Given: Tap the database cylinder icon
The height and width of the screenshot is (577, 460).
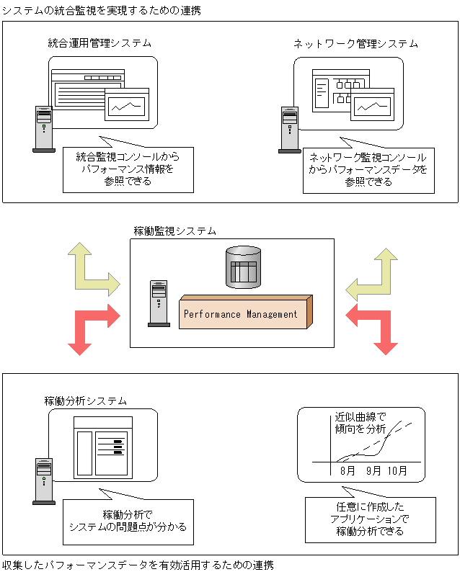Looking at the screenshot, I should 242,269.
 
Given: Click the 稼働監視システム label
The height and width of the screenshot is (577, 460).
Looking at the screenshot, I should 174,231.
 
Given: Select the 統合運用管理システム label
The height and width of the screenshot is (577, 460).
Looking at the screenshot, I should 99,43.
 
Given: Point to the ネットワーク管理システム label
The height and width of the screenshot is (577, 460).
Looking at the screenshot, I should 355,43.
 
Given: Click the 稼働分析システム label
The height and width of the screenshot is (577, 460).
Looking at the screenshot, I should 86,401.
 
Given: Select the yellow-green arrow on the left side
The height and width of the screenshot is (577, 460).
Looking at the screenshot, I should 90,270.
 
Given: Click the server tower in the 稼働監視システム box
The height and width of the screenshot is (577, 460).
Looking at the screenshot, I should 158,303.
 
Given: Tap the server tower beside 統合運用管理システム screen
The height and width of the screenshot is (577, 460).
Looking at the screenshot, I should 44,129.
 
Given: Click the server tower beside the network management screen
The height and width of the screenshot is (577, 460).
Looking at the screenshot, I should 289,129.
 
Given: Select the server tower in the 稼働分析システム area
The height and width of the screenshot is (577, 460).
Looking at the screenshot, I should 44,480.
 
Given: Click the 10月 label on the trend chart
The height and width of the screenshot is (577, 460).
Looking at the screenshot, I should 397,471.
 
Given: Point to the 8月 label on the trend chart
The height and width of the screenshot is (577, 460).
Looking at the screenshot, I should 348,471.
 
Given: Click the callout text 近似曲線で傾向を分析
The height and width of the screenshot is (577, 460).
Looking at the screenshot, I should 361,423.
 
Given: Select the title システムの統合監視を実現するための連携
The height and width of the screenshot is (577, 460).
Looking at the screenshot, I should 101,11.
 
